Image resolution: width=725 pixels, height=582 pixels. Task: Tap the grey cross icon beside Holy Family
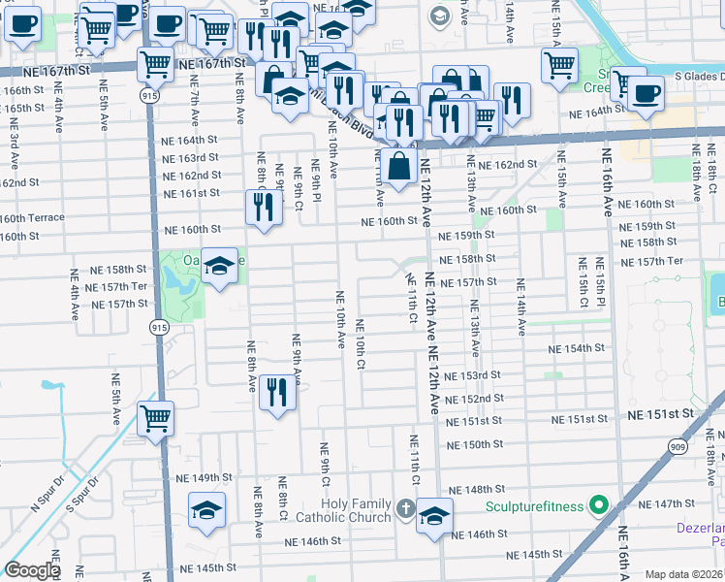click(x=405, y=506)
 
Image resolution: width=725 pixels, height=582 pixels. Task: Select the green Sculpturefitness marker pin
click(x=599, y=505)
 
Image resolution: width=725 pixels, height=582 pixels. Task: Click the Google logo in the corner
click(x=32, y=570)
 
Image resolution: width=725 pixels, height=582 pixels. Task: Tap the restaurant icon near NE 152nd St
click(x=277, y=392)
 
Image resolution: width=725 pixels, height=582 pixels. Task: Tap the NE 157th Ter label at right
click(x=651, y=262)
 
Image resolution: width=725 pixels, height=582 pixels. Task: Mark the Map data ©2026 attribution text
click(x=683, y=574)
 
